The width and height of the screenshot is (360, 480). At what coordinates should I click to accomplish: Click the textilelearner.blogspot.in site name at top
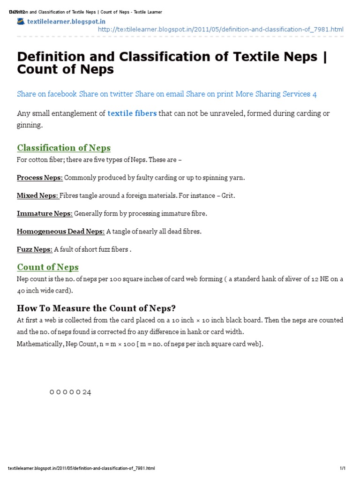(x=66, y=22)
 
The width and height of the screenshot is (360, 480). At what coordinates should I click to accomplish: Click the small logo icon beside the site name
(x=21, y=21)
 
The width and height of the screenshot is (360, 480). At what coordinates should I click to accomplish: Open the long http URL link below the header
(x=220, y=30)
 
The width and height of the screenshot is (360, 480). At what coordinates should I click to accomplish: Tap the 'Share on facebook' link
(x=47, y=94)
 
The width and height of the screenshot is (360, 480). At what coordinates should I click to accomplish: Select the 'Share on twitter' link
(x=106, y=94)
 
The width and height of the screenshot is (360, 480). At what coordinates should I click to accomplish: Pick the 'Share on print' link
(x=210, y=94)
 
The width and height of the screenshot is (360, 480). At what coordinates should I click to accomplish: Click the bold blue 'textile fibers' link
(x=132, y=113)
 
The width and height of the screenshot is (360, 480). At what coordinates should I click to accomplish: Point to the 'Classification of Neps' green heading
(x=64, y=148)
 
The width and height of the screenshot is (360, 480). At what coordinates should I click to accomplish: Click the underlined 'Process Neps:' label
(x=40, y=178)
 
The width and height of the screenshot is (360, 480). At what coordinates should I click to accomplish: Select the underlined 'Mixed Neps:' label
(x=38, y=196)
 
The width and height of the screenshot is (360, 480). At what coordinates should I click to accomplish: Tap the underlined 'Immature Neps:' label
(x=45, y=214)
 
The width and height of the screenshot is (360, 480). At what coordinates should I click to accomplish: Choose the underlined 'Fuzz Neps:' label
(x=35, y=249)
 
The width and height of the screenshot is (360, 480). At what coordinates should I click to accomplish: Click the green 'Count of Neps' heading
(x=48, y=267)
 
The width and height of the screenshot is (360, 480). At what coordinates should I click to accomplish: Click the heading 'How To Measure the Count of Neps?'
(x=96, y=308)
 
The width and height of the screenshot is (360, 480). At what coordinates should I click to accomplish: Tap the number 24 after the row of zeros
(x=87, y=392)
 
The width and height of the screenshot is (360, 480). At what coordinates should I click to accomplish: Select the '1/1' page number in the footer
(x=343, y=468)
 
